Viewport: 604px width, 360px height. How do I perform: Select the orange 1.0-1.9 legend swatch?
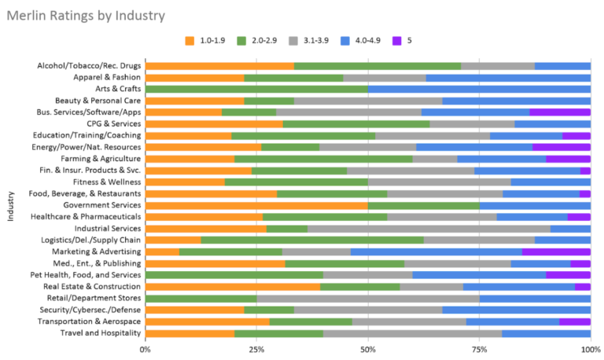[190, 40]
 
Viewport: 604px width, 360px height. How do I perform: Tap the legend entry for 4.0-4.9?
[354, 40]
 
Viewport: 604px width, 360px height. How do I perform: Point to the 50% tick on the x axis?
[368, 348]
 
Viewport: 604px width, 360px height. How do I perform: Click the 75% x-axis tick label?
[479, 348]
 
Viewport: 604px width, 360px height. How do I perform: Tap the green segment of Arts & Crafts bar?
[256, 89]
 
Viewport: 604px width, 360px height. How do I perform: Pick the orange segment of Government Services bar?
[256, 205]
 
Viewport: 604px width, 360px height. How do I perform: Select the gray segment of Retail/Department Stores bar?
[368, 298]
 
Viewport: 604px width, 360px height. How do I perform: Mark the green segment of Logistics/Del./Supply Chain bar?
[312, 240]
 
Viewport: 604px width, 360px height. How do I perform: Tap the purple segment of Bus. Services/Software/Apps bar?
[560, 112]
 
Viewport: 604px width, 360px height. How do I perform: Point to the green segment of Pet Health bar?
[234, 275]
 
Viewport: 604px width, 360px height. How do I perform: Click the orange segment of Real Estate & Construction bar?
[233, 287]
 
